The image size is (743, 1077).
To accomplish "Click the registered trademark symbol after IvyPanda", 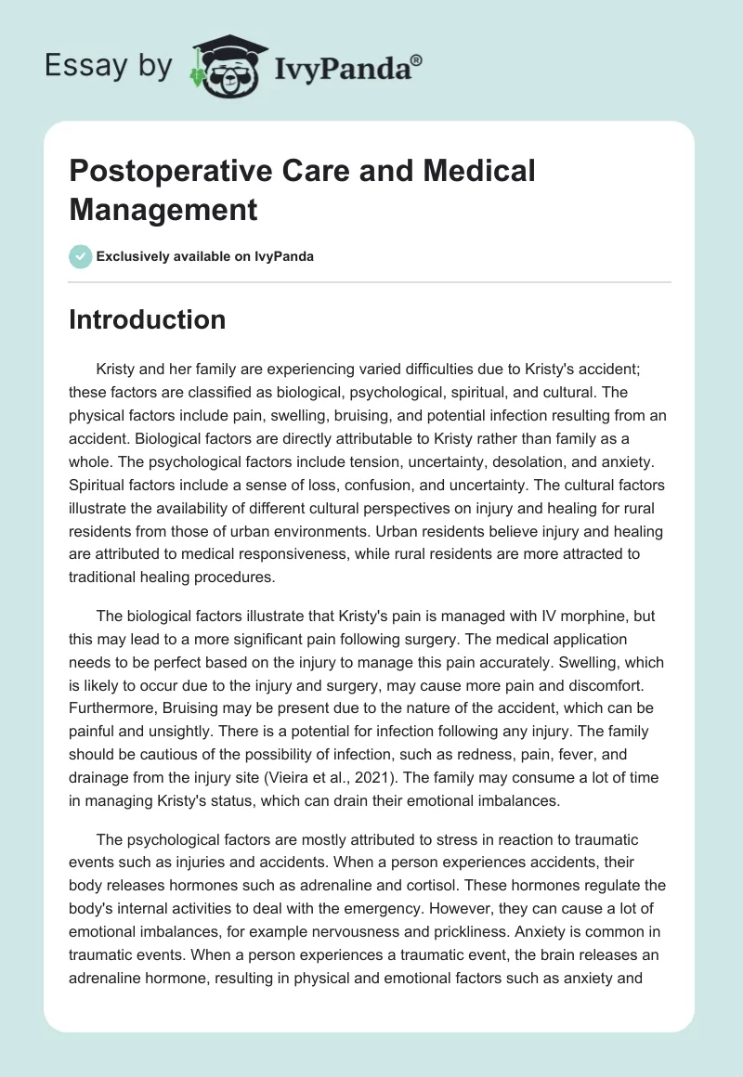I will click(416, 60).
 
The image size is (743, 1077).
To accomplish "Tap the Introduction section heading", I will click(147, 319).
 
